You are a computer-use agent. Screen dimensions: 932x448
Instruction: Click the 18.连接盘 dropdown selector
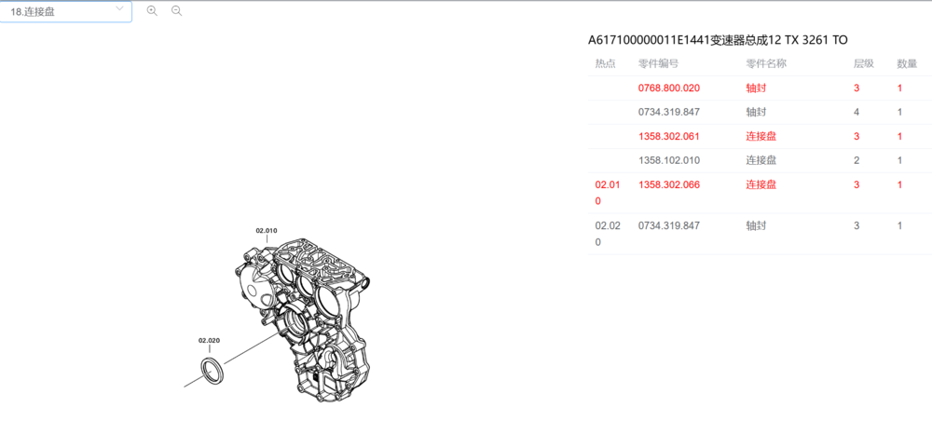(x=65, y=11)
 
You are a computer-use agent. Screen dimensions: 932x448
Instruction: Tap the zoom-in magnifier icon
(x=152, y=10)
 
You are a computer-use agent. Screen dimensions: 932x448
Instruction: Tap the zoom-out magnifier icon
(x=176, y=10)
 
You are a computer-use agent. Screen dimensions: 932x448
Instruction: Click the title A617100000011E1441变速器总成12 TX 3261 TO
(x=718, y=40)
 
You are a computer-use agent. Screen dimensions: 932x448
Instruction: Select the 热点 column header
(x=605, y=63)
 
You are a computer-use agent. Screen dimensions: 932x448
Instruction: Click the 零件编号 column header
(x=659, y=63)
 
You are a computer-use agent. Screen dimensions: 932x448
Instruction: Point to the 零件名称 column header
(x=766, y=63)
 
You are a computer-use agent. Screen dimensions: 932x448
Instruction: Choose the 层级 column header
(x=864, y=63)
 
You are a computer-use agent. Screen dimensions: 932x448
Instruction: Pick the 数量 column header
(x=907, y=63)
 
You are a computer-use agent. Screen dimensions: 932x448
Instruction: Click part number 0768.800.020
(x=669, y=88)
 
